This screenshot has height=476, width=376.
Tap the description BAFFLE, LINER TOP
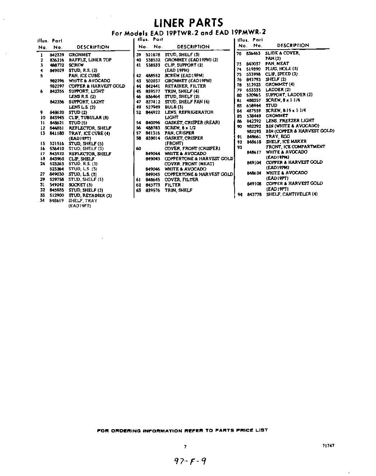90,60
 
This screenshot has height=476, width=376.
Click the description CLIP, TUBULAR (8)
89,118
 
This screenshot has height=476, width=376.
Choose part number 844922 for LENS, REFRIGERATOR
152,112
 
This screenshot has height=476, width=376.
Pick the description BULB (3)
174,107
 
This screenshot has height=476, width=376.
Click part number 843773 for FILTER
152,185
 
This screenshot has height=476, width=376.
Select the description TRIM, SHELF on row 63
178,190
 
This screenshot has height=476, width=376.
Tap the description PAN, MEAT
277,63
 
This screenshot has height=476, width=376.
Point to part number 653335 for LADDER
253,90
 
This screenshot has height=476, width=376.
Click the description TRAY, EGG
278,136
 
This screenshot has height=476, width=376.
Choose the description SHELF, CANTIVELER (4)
291,194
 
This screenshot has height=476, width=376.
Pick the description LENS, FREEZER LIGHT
290,121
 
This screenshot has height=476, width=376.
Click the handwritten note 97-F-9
190,461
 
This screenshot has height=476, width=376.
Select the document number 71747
328,445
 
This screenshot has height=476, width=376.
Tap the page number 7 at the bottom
185,447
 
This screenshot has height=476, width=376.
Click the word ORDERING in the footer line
125,430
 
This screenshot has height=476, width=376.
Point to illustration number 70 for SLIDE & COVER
239,53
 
